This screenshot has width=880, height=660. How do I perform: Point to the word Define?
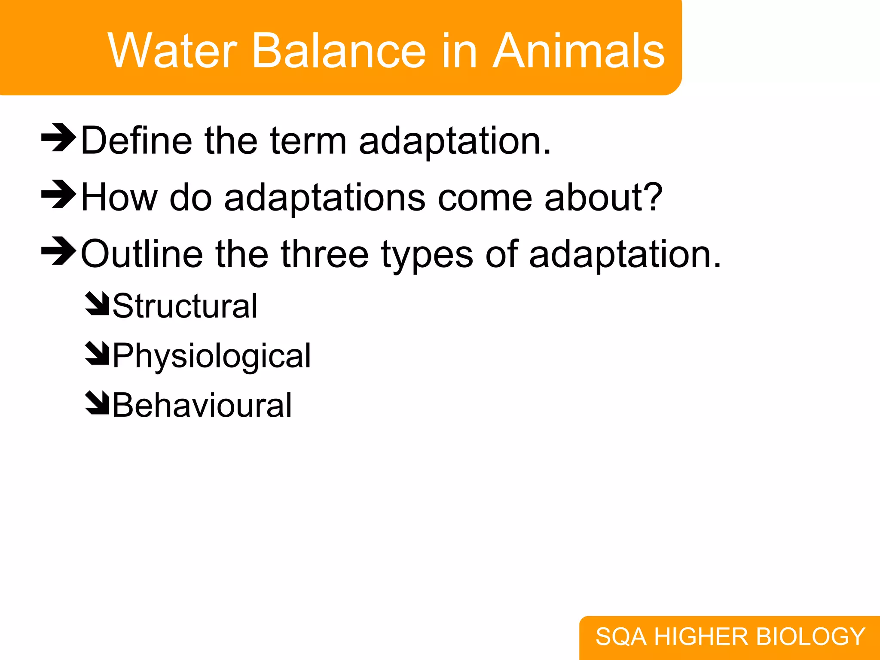pos(136,141)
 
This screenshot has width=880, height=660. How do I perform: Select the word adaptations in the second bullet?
pos(324,197)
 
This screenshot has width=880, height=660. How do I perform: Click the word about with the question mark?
pos(603,197)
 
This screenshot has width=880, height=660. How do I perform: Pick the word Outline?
pos(142,254)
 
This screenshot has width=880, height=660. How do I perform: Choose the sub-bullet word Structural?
pos(185,306)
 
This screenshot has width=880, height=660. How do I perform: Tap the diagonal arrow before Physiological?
pos(97,354)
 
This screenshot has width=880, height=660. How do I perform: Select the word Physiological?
pos(211,356)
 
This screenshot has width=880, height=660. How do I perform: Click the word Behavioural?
pos(202,405)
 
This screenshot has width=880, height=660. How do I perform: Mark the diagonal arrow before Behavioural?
pos(97,403)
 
